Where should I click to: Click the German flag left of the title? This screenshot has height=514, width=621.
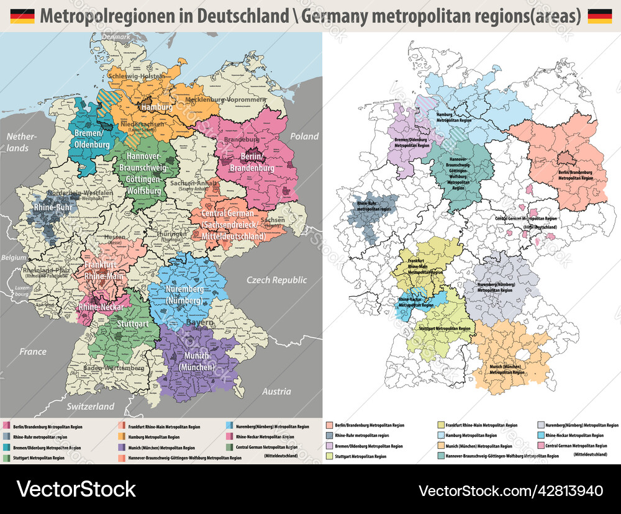[22, 16]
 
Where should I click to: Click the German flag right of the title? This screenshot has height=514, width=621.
[599, 16]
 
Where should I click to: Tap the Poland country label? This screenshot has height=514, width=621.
[304, 137]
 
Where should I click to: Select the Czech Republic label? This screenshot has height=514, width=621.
[276, 280]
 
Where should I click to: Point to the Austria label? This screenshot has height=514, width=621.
[276, 391]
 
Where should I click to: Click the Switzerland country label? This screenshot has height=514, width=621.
[91, 406]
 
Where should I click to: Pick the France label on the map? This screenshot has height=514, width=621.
[32, 351]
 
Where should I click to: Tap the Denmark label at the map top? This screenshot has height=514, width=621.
[117, 37]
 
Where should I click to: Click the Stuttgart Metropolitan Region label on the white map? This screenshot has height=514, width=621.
[445, 328]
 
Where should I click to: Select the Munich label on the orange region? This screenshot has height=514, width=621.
[507, 370]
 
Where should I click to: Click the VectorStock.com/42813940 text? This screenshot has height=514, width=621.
[511, 490]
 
